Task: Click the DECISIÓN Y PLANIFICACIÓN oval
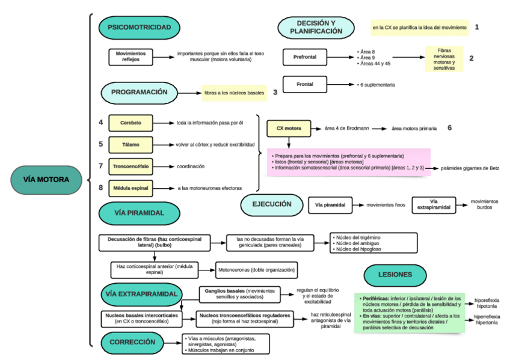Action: tap(315, 27)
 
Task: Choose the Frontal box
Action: tap(305, 85)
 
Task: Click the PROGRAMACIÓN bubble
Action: tap(139, 93)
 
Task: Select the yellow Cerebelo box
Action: tap(131, 123)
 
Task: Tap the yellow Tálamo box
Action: tap(131, 144)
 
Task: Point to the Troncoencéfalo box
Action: tap(131, 166)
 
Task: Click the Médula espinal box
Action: tap(131, 188)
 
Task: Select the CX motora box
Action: tap(288, 128)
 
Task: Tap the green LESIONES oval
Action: tap(395, 275)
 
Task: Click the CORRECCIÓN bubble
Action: tap(133, 342)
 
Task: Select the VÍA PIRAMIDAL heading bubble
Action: tap(139, 213)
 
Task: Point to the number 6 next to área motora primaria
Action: tap(449, 128)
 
